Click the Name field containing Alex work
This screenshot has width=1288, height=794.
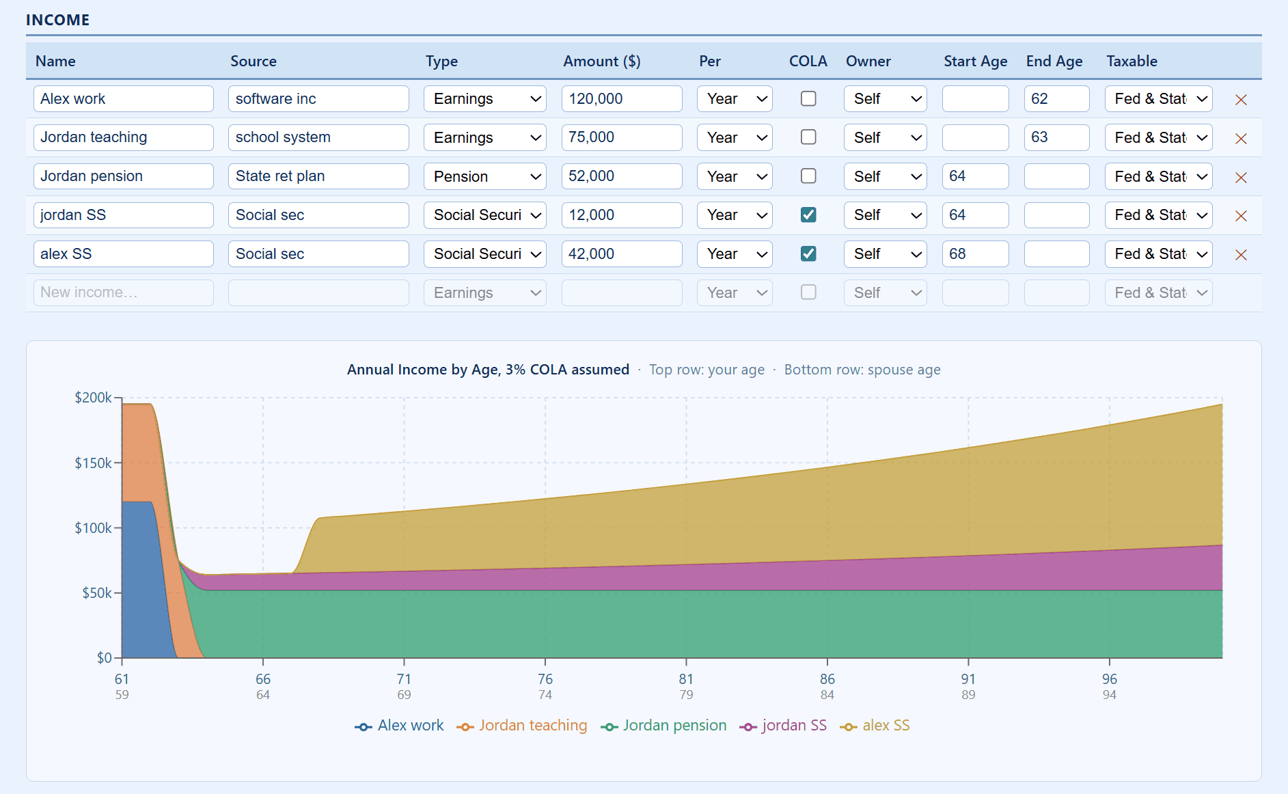pos(123,98)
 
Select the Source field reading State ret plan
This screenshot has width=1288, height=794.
pos(318,176)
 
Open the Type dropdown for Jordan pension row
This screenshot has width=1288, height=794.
pos(484,176)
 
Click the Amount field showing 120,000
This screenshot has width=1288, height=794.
pos(621,98)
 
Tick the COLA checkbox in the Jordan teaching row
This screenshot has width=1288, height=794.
pos(808,137)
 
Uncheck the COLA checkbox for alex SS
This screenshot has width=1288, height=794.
pos(808,254)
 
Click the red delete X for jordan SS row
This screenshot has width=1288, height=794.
pos(1241,216)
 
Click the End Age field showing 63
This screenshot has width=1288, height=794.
pos(1056,137)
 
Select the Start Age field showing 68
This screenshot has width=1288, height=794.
pos(974,254)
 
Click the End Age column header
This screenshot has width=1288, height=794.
pos(1054,61)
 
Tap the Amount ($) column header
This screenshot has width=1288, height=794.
pos(601,61)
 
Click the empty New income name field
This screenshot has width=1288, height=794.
pos(123,292)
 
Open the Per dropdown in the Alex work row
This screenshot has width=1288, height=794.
pos(735,98)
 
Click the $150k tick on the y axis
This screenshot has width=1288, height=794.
pos(94,463)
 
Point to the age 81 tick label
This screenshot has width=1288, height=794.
pos(686,679)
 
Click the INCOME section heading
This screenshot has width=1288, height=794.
pos(58,20)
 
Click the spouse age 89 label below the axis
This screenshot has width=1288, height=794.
pos(968,695)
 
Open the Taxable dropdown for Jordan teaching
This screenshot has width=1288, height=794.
pos(1158,137)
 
